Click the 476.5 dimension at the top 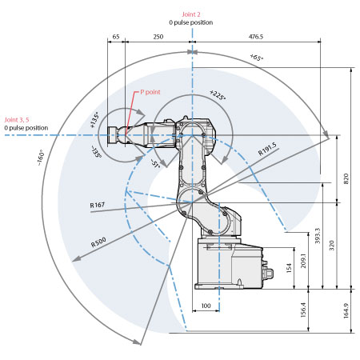click(256, 37)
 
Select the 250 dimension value click(158, 37)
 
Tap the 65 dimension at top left click(116, 37)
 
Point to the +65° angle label click(257, 57)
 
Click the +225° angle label click(218, 95)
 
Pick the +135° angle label click(94, 120)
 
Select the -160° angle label click(40, 158)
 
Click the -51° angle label click(155, 163)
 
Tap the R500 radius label click(98, 242)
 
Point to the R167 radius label click(98, 205)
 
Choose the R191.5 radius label click(267, 149)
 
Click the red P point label click(150, 92)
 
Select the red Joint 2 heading click(191, 14)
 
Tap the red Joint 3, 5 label click(17, 120)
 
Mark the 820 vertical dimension click(346, 178)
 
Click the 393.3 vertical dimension click(318, 236)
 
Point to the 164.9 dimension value click(346, 310)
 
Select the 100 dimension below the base click(206, 306)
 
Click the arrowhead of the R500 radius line click(76, 258)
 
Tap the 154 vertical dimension click(289, 268)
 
